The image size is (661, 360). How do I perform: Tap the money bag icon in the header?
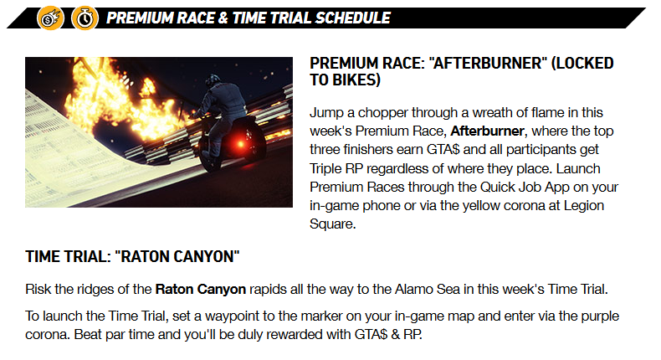(x=51, y=18)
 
